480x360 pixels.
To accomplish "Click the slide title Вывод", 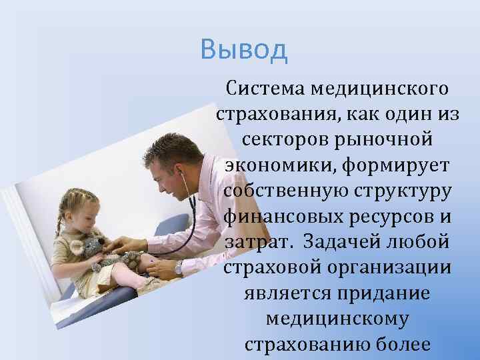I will coord(243,49).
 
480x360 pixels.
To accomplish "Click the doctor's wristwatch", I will coord(179,267).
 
